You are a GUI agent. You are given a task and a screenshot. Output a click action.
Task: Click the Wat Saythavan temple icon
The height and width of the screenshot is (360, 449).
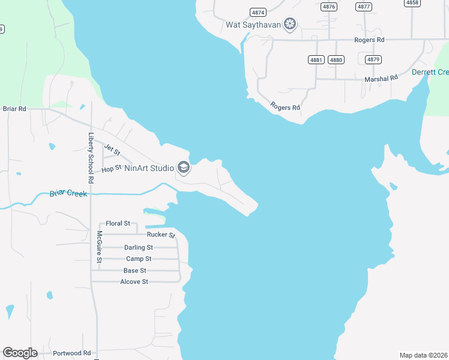pos(291,25)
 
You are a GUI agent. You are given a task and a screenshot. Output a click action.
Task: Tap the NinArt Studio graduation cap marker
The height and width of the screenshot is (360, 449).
pos(184,168)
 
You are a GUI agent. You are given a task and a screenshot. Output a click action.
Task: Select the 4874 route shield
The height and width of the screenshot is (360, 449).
pos(258,12)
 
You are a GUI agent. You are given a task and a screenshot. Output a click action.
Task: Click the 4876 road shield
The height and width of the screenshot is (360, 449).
pos(328,7)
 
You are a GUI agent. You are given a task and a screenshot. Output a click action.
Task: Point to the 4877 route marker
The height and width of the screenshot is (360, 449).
pos(363,7)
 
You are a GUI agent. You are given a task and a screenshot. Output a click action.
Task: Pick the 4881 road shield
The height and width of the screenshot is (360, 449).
pos(316,59)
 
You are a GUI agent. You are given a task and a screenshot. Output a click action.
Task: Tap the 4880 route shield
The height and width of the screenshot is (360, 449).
pos(336,59)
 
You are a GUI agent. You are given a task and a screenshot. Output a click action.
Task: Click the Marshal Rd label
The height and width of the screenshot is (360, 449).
pos(381,79)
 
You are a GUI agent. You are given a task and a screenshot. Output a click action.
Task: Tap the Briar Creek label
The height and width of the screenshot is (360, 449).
pos(68,193)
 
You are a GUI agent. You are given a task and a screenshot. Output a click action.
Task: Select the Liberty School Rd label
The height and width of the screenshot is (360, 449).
pos(91,158)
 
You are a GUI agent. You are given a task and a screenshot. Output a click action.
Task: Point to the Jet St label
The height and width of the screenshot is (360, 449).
pos(112,148)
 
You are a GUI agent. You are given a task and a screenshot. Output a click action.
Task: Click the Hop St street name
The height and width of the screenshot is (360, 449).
pos(112,169)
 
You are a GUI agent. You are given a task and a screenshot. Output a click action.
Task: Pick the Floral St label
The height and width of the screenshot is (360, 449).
pos(118,223)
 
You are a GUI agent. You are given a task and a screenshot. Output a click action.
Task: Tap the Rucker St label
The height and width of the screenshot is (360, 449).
pos(160,235)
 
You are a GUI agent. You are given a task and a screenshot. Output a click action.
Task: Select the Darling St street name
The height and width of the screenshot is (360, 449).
pos(138,247)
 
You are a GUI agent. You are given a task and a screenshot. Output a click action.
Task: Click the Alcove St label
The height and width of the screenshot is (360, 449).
pos(134,281)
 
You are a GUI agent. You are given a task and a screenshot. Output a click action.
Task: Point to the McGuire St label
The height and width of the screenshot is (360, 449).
pos(100,247)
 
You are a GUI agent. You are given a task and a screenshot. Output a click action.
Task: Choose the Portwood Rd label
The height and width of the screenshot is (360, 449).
pos(71,353)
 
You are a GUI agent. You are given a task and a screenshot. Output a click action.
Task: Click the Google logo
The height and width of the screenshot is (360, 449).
pos(20,353)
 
